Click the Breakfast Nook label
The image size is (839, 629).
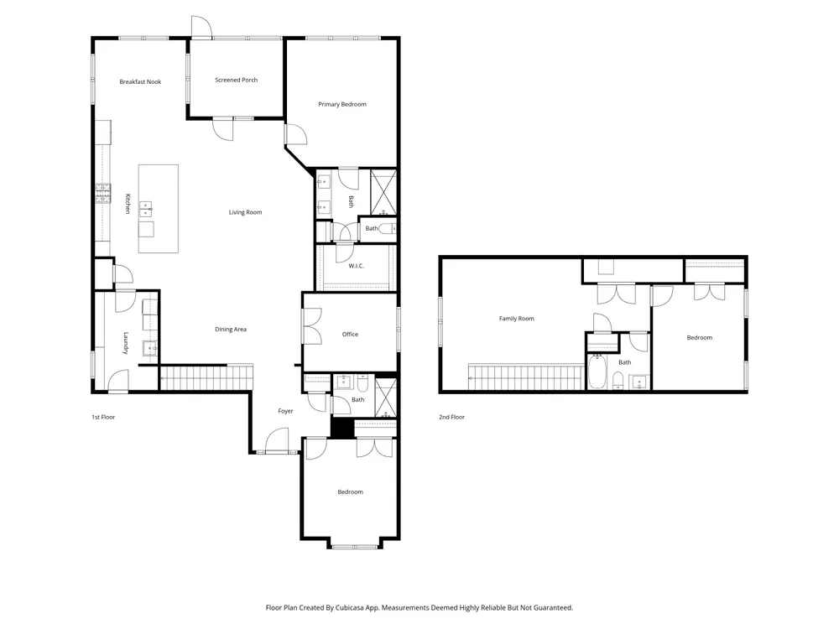tap(140, 82)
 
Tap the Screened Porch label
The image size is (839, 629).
tap(236, 80)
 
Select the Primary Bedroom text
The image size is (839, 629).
tap(342, 104)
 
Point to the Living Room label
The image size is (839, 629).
tap(246, 212)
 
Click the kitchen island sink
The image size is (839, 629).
tap(145, 209)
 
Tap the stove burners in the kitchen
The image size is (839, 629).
tap(103, 194)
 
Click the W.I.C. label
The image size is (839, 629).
tap(357, 266)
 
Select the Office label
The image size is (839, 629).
tap(350, 335)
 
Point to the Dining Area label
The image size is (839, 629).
tap(231, 330)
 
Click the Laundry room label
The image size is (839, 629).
tap(127, 343)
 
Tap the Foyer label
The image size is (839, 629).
tap(286, 411)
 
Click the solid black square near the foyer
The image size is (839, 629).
tap(342, 428)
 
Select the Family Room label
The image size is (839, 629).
tap(516, 319)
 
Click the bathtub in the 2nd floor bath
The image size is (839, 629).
tap(597, 372)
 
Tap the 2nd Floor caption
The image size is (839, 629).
tap(451, 417)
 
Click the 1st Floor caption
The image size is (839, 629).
tap(103, 417)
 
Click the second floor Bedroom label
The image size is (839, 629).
tap(700, 338)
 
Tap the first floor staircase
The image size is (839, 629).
tap(206, 377)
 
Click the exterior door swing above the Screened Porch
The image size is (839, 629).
tap(201, 27)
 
